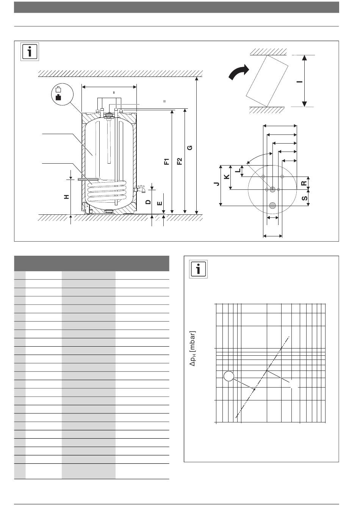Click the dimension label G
(189, 148)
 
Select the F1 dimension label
(167, 161)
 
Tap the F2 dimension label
(179, 161)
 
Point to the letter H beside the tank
(67, 197)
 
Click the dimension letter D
(148, 202)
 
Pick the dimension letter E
(160, 203)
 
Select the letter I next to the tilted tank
(300, 81)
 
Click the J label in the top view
(216, 184)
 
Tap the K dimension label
(227, 177)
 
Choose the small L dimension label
(238, 170)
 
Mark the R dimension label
(304, 183)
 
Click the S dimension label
(305, 199)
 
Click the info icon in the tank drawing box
(30, 52)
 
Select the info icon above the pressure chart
(198, 269)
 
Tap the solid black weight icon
(59, 97)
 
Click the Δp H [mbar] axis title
(193, 349)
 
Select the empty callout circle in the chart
(229, 376)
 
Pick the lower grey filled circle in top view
(272, 205)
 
